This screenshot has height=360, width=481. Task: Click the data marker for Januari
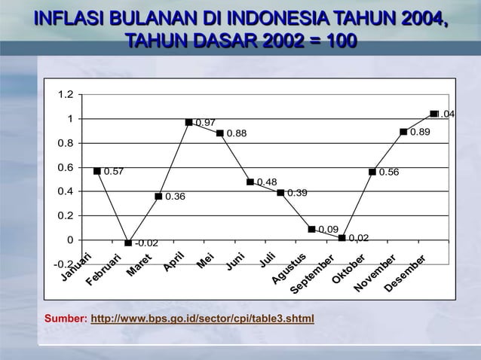(97, 171)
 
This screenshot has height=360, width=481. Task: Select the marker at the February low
(128, 243)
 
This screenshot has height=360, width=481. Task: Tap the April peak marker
(189, 122)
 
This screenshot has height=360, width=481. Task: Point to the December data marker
(434, 114)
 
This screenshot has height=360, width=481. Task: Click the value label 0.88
(237, 135)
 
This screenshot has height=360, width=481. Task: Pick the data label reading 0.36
(175, 197)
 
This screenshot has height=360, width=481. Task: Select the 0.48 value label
(267, 182)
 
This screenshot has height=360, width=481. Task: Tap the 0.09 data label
(328, 229)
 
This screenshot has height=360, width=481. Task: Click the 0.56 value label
(389, 172)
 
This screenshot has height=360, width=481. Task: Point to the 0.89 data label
(420, 132)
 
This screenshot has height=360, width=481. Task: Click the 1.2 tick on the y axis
(65, 95)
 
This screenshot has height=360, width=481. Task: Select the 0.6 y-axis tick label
(65, 167)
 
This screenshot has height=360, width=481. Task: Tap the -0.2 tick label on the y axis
(63, 264)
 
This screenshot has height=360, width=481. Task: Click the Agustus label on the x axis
(290, 271)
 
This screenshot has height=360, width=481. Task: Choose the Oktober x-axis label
(349, 272)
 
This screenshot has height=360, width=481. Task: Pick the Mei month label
(204, 262)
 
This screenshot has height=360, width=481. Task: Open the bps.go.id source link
(202, 319)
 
